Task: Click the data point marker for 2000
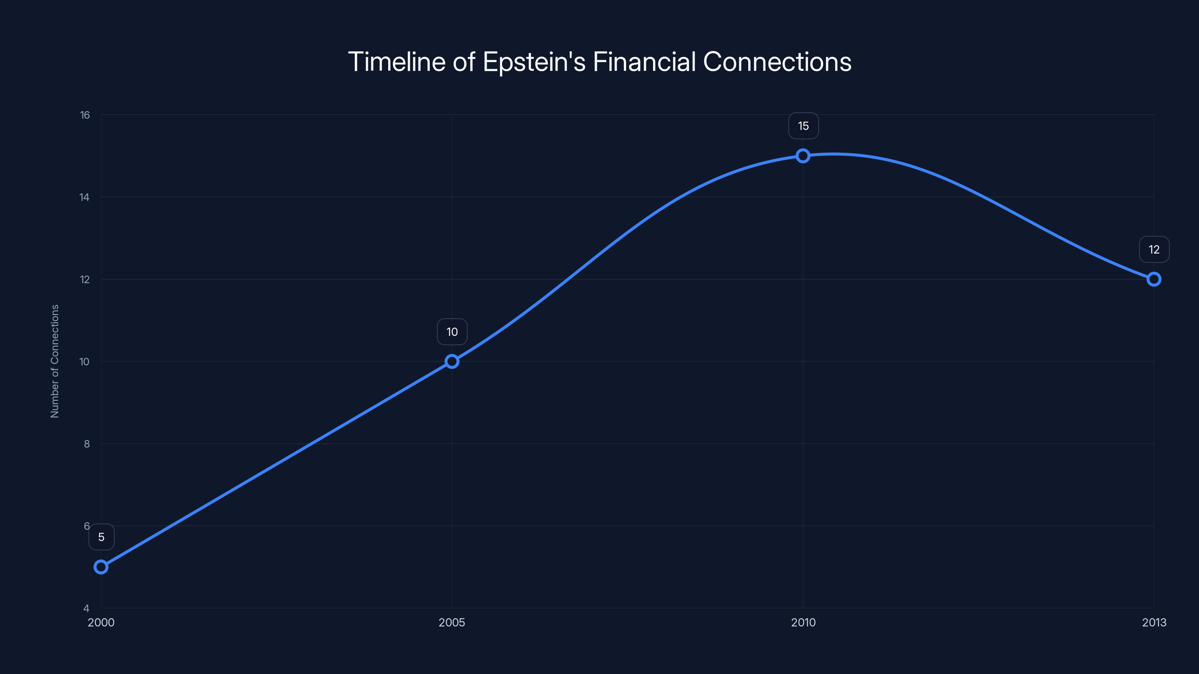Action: click(101, 567)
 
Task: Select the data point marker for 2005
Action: click(451, 361)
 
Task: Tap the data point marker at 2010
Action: click(803, 155)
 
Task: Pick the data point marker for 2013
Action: click(1153, 279)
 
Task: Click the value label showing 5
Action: click(101, 537)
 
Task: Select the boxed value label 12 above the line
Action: click(1154, 249)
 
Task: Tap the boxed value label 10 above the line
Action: click(452, 332)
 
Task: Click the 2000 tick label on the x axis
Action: click(101, 622)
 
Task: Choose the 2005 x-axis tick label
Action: click(451, 622)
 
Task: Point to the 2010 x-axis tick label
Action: click(803, 622)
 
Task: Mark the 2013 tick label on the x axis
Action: click(1154, 622)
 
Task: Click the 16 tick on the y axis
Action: click(85, 115)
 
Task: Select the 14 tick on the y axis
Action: click(84, 197)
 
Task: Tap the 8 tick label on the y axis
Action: click(87, 444)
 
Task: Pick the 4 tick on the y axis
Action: click(87, 608)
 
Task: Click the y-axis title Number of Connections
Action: click(55, 361)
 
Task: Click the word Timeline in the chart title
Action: click(396, 61)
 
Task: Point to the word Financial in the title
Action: click(644, 61)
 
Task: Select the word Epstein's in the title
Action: click(534, 62)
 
